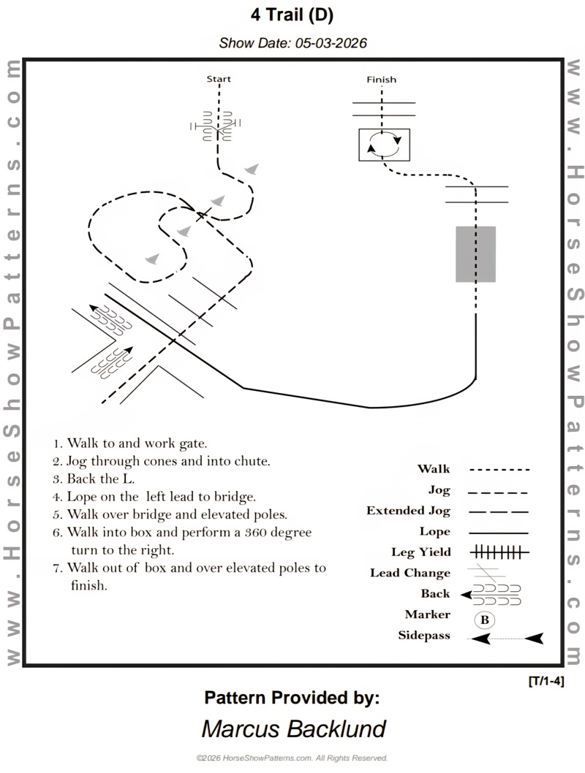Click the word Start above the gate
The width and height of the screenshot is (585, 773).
pyautogui.click(x=219, y=79)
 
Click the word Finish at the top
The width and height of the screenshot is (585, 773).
pyautogui.click(x=381, y=80)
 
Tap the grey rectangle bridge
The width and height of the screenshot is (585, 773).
pyautogui.click(x=475, y=254)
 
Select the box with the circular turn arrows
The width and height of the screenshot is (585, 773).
pyautogui.click(x=384, y=144)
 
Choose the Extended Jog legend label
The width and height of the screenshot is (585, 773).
pyautogui.click(x=408, y=511)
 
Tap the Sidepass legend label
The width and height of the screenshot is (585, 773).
pyautogui.click(x=424, y=636)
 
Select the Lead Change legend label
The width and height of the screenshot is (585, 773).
pyautogui.click(x=410, y=574)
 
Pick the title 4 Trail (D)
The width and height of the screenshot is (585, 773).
pyautogui.click(x=292, y=15)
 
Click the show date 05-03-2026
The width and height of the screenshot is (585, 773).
pyautogui.click(x=292, y=43)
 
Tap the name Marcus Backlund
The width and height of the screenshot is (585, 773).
pyautogui.click(x=293, y=728)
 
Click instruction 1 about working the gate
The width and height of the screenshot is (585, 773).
pyautogui.click(x=130, y=443)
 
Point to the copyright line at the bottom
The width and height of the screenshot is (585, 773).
pyautogui.click(x=292, y=758)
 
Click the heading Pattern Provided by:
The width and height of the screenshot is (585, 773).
pyautogui.click(x=292, y=697)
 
